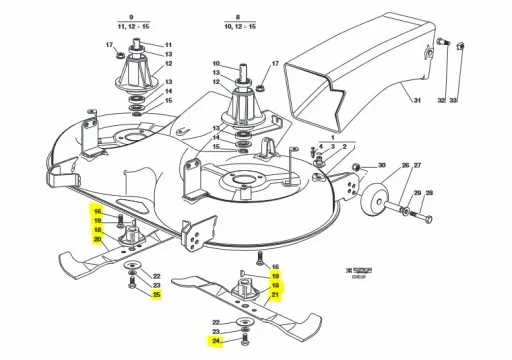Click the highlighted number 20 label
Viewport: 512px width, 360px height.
[x=97, y=241]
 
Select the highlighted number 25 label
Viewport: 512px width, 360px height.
[x=155, y=294]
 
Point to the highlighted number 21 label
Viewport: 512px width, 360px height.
[x=276, y=295]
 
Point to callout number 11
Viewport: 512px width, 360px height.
[x=168, y=45]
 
